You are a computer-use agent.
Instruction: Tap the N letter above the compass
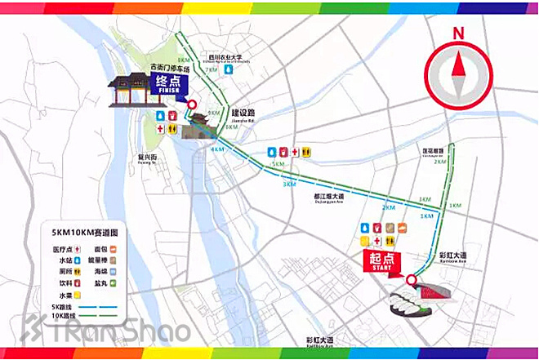point(458,34)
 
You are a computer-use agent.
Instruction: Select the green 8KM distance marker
point(183,60)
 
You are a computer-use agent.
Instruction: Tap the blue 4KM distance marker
point(217,149)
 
